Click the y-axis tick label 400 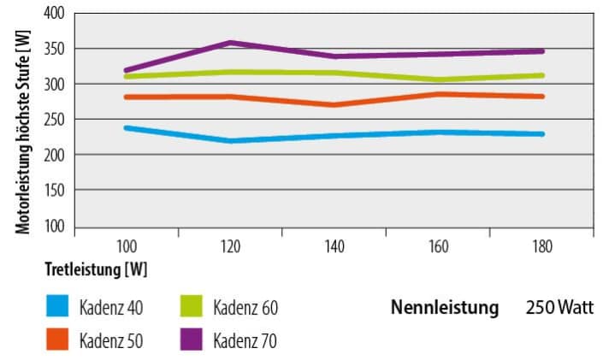pos(54,14)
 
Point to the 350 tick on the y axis pos(54,49)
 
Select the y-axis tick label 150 pos(54,190)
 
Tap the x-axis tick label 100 pos(127,247)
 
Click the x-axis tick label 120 pos(231,247)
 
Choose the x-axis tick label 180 pos(541,247)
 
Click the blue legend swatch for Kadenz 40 pos(56,306)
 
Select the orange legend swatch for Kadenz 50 pos(56,339)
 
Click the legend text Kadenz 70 pos(245,340)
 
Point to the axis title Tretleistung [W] pos(96,269)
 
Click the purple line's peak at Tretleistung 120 pos(231,43)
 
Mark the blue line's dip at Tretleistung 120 pos(231,140)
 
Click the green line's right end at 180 pos(541,75)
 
